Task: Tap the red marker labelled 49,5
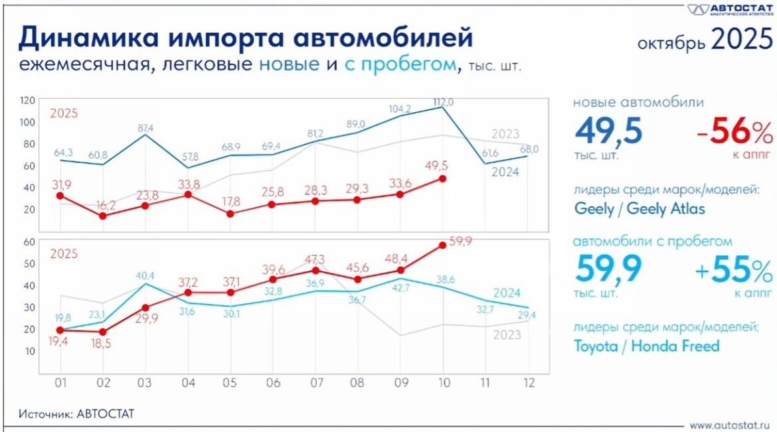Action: pyautogui.click(x=442, y=179)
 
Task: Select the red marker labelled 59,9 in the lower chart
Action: pyautogui.click(x=442, y=245)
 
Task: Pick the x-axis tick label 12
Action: pyautogui.click(x=527, y=383)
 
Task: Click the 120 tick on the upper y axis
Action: pyautogui.click(x=27, y=100)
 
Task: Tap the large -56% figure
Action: pyautogui.click(x=734, y=133)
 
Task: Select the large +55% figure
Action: pyautogui.click(x=734, y=271)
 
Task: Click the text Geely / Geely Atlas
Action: pyautogui.click(x=640, y=208)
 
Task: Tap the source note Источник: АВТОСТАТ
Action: pyautogui.click(x=76, y=414)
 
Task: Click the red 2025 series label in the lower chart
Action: pyautogui.click(x=64, y=254)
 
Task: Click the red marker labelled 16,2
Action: pyautogui.click(x=102, y=216)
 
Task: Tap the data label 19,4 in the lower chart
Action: pyautogui.click(x=60, y=343)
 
